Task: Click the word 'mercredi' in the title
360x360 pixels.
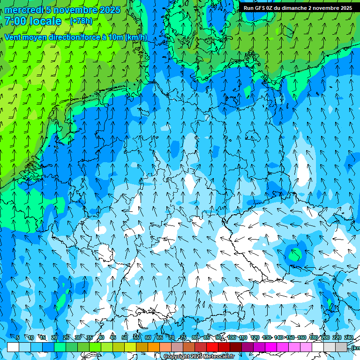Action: pyautogui.click(x=24, y=10)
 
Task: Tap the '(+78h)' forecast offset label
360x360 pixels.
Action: pyautogui.click(x=81, y=21)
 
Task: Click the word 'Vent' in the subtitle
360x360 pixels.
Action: pyautogui.click(x=14, y=37)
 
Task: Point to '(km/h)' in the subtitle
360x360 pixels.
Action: pyautogui.click(x=136, y=37)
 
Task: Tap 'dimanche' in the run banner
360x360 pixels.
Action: pyautogui.click(x=294, y=8)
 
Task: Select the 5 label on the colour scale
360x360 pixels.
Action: pyautogui.click(x=18, y=338)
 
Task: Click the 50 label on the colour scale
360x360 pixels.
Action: pyautogui.click(x=125, y=338)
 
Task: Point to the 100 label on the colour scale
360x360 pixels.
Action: pyautogui.click(x=232, y=338)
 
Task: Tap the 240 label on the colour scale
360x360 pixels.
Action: pyautogui.click(x=349, y=338)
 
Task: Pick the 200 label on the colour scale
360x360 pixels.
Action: pyautogui.click(x=325, y=338)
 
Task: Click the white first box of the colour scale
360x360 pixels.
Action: pyautogui.click(x=13, y=347)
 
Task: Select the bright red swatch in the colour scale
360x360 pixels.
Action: pyautogui.click(x=212, y=347)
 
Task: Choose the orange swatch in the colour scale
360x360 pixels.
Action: pyautogui.click(x=154, y=347)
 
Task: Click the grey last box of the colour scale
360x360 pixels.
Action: pyautogui.click(x=341, y=347)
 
